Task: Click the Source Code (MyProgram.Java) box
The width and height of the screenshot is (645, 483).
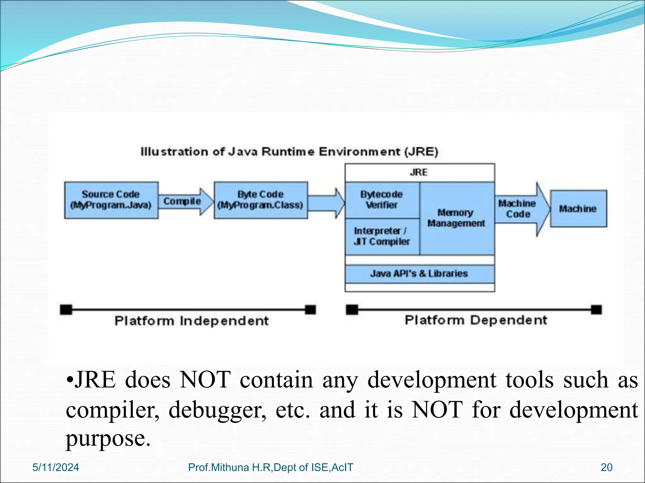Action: [x=111, y=200]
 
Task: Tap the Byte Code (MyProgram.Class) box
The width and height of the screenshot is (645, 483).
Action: [x=260, y=200]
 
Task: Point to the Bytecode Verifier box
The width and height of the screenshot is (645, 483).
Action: [x=382, y=200]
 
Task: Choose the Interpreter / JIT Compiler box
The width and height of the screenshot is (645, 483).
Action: [x=382, y=236]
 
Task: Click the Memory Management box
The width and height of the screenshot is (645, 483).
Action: [x=456, y=218]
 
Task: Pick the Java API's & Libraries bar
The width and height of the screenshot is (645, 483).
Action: [x=419, y=274]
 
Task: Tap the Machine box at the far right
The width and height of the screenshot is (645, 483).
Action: [x=578, y=208]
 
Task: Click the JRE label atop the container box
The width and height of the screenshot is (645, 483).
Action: [x=419, y=172]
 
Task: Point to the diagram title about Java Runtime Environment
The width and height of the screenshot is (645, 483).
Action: [x=289, y=152]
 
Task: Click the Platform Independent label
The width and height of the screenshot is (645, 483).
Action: [x=191, y=321]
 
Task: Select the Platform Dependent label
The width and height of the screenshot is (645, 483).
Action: [x=476, y=320]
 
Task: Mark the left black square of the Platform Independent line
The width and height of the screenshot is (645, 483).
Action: [x=66, y=310]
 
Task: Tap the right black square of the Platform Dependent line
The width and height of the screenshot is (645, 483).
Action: [x=596, y=310]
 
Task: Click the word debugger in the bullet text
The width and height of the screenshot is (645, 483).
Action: [x=217, y=410]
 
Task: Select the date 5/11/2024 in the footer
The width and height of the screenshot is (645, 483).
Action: [x=56, y=468]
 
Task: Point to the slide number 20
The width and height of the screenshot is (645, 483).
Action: [x=607, y=468]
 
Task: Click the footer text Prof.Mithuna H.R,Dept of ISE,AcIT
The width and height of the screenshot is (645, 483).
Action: [x=271, y=468]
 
